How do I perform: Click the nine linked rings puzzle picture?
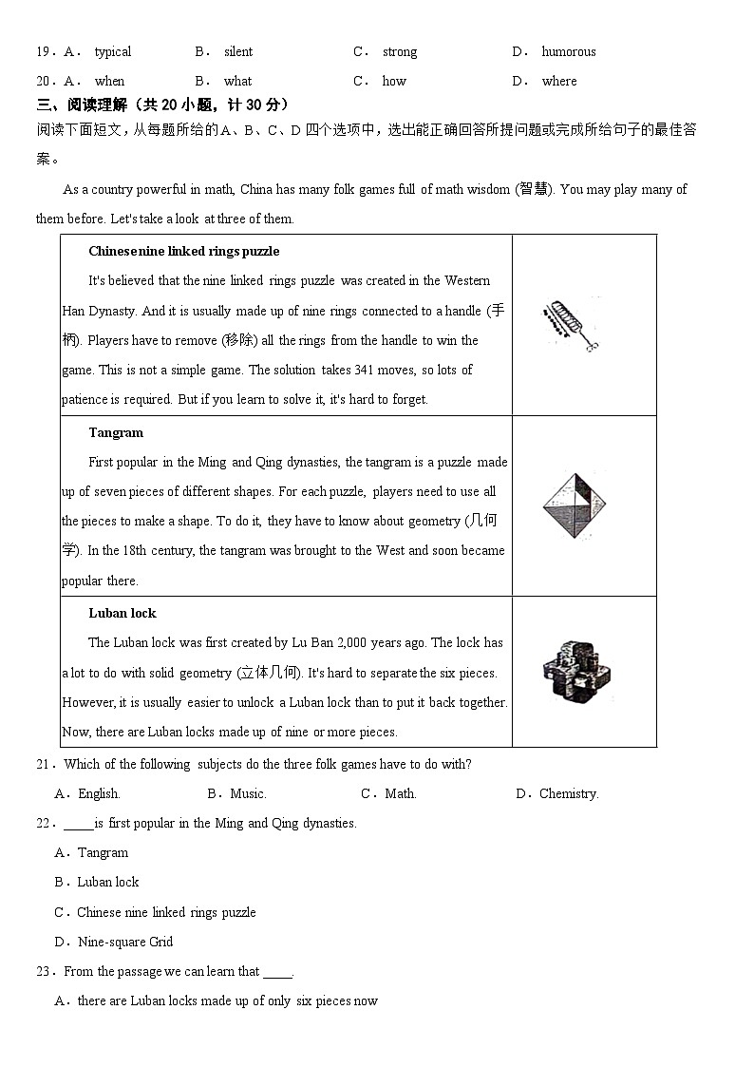572,325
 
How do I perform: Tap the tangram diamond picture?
574,505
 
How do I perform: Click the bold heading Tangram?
116,432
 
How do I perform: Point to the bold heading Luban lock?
123,613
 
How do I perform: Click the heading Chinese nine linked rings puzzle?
183,251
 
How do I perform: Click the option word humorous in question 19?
569,51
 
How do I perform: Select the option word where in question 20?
559,81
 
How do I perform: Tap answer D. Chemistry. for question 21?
557,793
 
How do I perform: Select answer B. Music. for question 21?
237,793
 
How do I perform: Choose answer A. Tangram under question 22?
92,852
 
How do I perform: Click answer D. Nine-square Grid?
114,942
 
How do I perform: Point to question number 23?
46,971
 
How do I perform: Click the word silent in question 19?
238,51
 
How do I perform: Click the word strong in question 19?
400,51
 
